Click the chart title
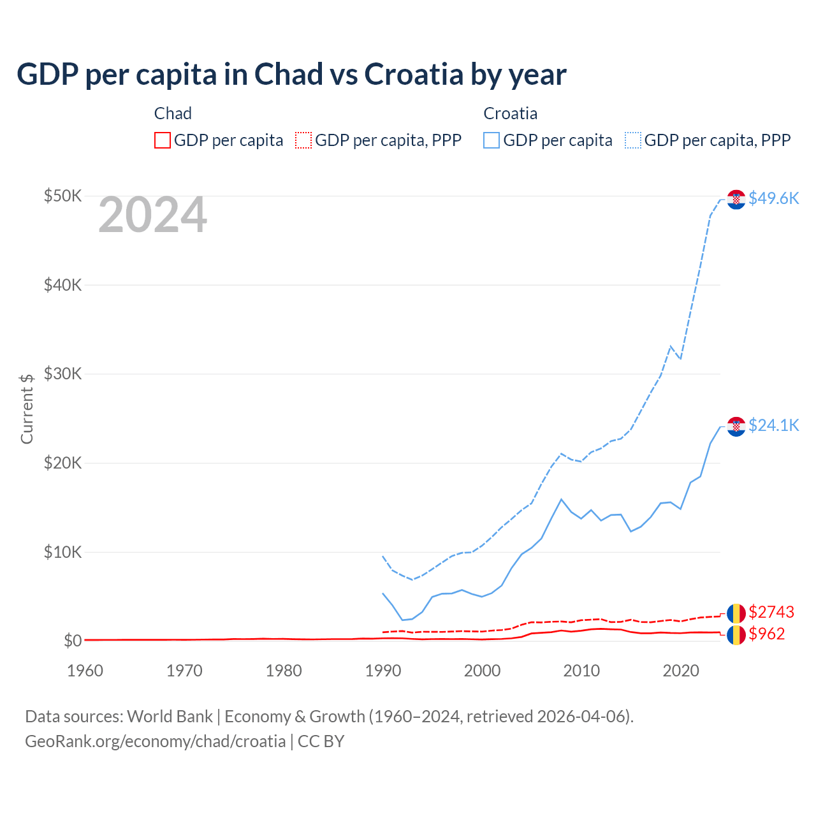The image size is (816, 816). [291, 75]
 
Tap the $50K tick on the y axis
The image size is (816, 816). [62, 196]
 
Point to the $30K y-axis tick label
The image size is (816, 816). [62, 374]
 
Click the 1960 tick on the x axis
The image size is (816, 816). [85, 671]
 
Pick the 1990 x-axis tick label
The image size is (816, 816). [383, 671]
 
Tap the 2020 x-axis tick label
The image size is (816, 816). [681, 671]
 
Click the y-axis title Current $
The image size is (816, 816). [27, 409]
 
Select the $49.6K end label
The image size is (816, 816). [773, 198]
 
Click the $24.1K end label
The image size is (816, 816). [773, 425]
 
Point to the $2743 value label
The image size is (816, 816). [771, 612]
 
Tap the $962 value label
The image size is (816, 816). [767, 634]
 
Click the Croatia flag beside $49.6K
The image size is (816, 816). [736, 200]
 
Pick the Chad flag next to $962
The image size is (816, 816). [736, 635]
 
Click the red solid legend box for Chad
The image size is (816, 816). [163, 140]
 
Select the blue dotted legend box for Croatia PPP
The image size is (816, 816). [633, 140]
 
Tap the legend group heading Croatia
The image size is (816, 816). [510, 113]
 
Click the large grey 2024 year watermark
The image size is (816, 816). [152, 215]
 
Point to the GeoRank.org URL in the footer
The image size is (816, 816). [155, 741]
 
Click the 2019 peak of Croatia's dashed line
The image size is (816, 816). [671, 346]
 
